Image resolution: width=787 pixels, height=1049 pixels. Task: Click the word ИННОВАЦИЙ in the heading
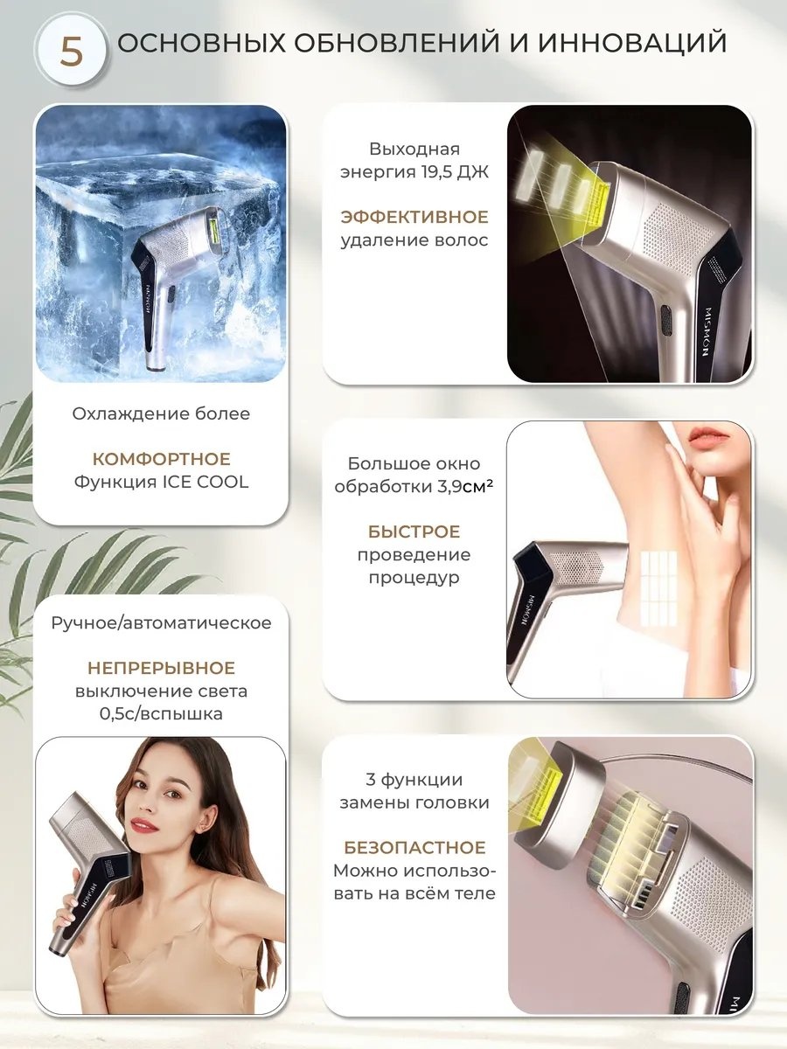633,42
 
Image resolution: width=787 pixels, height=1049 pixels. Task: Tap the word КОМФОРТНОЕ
162,459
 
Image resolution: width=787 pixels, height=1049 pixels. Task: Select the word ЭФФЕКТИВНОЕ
414,217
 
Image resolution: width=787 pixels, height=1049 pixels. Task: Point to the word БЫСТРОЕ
414,531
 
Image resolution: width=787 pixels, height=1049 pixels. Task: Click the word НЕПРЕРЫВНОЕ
162,668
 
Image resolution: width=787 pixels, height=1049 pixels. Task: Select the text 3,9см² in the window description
465,487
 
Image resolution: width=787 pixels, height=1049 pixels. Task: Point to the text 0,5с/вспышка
162,714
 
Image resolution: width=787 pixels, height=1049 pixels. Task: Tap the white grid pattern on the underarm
658,589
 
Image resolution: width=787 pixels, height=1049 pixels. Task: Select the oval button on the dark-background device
666,321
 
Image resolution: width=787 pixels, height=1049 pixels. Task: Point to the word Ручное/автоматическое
161,623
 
